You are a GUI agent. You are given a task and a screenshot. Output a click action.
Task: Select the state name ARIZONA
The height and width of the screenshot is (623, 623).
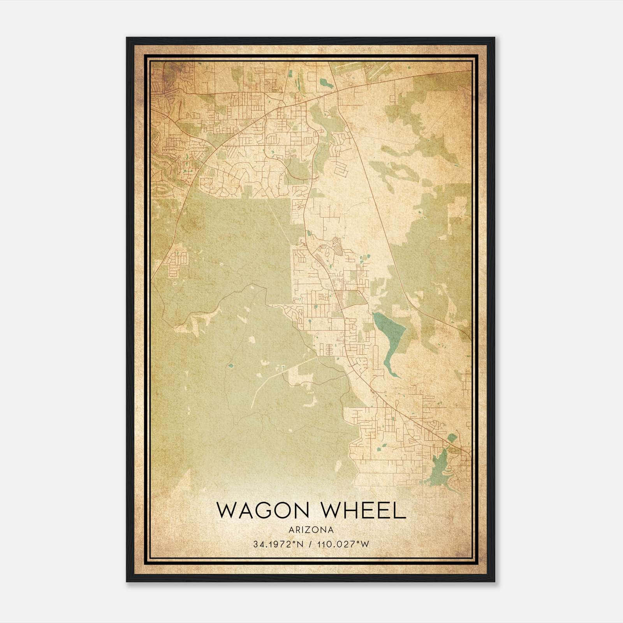(311, 530)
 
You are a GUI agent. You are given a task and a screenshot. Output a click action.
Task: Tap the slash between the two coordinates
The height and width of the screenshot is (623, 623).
(310, 544)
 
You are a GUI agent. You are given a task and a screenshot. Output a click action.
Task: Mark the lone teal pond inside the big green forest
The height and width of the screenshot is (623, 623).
(231, 366)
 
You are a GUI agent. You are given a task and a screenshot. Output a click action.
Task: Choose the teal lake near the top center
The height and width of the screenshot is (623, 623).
(324, 83)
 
